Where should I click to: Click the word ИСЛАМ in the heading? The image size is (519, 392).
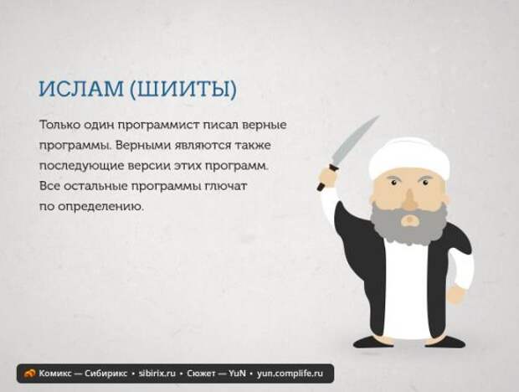point(81,89)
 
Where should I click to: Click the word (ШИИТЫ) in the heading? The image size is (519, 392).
point(183,89)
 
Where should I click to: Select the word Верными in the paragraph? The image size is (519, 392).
point(142,146)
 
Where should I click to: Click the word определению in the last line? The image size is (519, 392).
point(101,207)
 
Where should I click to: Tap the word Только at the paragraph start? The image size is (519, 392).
point(59,125)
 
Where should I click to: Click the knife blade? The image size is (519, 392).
point(354,141)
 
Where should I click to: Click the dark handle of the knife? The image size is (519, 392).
point(323,182)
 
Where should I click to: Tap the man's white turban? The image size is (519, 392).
point(409,158)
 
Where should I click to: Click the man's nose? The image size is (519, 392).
point(410,199)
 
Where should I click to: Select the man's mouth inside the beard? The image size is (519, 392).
point(410,219)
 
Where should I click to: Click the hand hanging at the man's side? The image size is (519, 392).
point(457,294)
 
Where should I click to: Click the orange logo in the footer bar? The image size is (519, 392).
point(30,374)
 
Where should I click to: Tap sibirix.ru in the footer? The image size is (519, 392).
point(157,374)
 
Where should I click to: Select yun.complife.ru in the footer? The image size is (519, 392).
point(290,374)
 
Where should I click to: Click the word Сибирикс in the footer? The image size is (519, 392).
point(105,374)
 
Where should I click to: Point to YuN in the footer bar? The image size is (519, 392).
point(238,374)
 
